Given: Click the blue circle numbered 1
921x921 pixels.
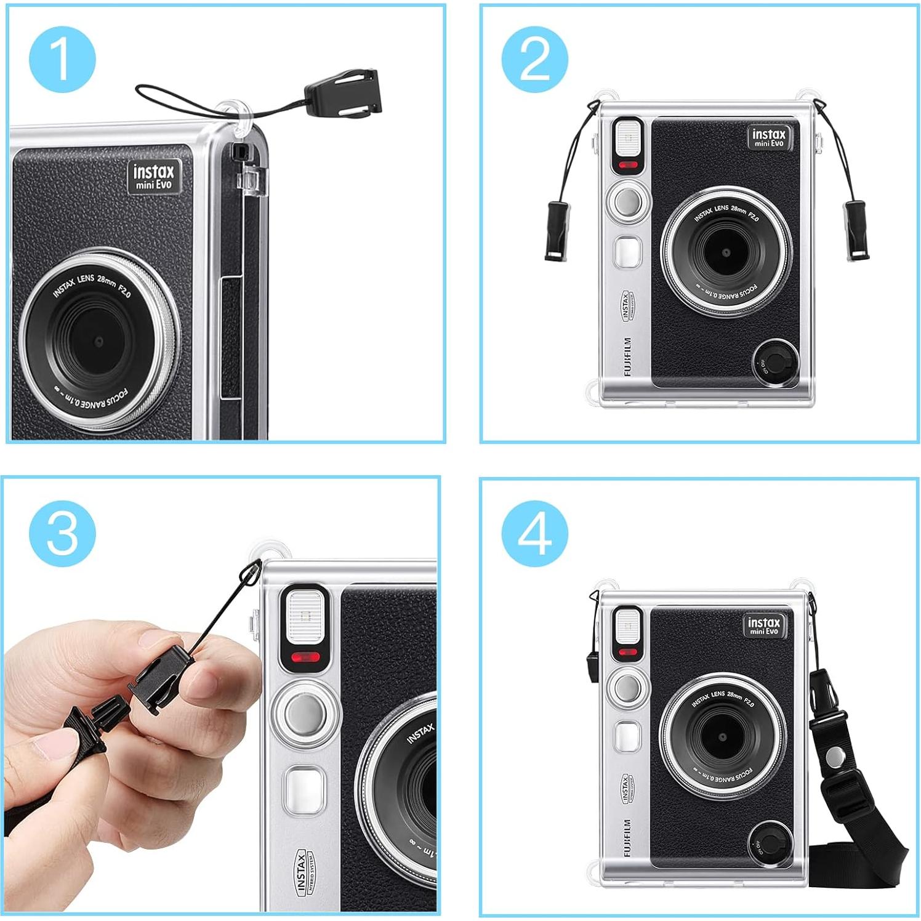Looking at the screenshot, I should click(62, 59).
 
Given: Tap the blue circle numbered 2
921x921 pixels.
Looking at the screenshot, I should click(534, 59).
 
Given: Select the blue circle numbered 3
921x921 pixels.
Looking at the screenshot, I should click(62, 533).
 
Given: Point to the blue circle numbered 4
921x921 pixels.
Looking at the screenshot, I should click(534, 533).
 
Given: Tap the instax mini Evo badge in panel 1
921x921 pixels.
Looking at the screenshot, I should click(154, 176).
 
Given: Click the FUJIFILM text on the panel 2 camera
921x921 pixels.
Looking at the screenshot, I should click(627, 356).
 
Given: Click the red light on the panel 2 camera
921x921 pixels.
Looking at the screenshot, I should click(628, 165).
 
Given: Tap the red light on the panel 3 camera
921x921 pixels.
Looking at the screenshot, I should click(305, 657).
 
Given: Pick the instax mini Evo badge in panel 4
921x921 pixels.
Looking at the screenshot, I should click(765, 625).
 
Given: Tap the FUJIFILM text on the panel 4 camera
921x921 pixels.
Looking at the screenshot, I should click(627, 837).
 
